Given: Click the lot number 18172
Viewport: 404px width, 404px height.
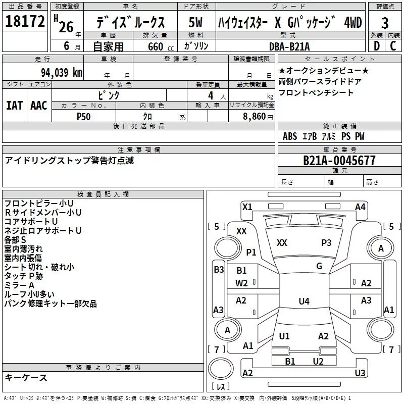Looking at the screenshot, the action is [x=25, y=21].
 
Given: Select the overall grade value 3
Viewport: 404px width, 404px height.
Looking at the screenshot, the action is [x=385, y=23].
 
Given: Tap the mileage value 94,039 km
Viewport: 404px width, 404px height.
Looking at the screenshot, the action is [x=62, y=73].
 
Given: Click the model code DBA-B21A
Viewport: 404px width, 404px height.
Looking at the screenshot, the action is [x=289, y=46].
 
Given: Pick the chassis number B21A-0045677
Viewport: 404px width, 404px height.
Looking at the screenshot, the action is [x=339, y=161].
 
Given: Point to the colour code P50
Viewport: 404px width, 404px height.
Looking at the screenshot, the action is [x=84, y=117].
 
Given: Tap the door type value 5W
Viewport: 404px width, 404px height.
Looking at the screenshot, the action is [x=195, y=22].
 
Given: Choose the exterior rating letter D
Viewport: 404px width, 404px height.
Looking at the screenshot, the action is [x=377, y=46].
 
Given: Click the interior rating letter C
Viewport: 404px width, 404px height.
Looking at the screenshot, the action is [x=393, y=46].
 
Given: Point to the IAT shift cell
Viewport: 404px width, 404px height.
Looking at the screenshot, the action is [x=15, y=106].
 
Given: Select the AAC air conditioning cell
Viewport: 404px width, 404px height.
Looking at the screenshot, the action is [x=39, y=106].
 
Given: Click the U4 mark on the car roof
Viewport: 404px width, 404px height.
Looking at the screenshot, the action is [x=304, y=301].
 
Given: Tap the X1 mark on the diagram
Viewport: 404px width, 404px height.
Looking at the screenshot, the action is [x=247, y=207].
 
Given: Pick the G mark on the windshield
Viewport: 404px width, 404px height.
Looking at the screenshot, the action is [x=319, y=266].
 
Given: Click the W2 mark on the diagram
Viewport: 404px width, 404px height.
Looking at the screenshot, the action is [x=241, y=283].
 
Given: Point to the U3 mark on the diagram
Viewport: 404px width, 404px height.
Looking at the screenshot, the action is [x=360, y=373].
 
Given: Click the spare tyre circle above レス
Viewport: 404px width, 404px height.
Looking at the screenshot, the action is [x=221, y=369].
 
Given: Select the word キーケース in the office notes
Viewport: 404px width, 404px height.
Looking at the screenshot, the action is [x=26, y=378].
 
